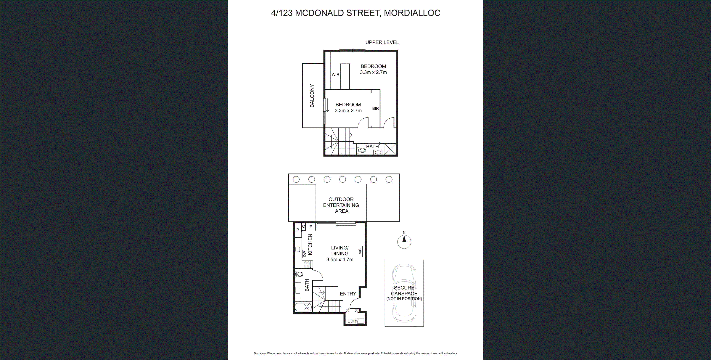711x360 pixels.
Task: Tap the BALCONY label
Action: tap(312, 96)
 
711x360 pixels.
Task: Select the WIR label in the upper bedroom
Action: tap(335, 75)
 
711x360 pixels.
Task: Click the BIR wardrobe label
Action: tap(375, 108)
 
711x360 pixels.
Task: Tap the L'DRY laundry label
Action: tap(353, 321)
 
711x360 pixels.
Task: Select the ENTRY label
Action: tap(348, 294)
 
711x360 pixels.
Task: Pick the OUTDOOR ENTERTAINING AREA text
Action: tap(341, 205)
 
